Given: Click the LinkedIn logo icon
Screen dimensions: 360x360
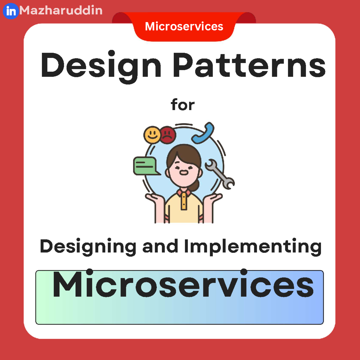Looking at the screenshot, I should pos(11,11).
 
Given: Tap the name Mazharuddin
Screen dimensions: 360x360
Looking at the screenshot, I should pos(61,10).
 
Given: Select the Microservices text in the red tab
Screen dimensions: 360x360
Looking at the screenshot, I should pos(184,26).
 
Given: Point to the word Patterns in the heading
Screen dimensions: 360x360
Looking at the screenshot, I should pos(249,65).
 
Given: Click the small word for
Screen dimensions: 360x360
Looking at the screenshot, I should pos(183,105).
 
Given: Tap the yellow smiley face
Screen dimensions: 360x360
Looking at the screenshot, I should pos(152,134).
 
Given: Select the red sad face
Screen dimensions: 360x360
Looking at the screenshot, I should pos(167,135).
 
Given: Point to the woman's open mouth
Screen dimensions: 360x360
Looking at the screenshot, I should pos(183,172).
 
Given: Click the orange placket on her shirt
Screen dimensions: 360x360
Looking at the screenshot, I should pos(184,201).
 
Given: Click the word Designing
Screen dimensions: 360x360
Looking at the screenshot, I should pos(88,247).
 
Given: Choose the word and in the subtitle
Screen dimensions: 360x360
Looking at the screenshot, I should pos(160,246).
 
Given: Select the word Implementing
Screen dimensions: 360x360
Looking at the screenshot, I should pos(253,247).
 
